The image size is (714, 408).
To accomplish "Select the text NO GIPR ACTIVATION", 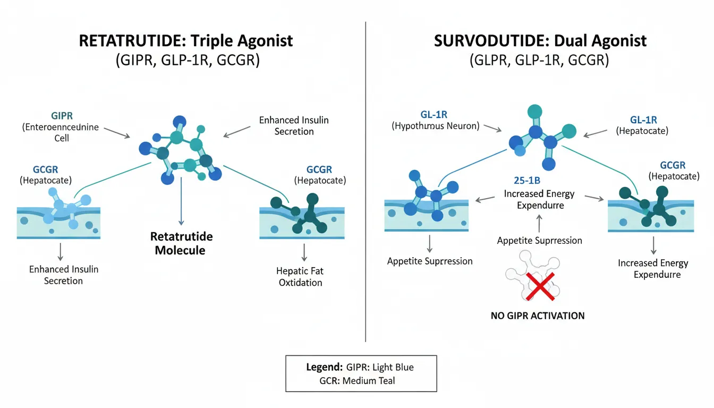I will [538, 316].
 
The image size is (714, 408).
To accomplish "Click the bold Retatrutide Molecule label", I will [181, 243].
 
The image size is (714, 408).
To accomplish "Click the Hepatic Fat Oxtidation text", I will [300, 276].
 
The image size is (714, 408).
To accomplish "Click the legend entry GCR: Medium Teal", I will [357, 380].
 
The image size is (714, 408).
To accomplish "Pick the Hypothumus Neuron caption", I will [435, 126].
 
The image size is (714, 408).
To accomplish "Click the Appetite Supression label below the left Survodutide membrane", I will [430, 261].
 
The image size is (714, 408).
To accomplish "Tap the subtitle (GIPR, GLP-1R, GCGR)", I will [187, 60].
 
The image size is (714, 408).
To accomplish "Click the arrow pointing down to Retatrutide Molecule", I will [181, 202].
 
